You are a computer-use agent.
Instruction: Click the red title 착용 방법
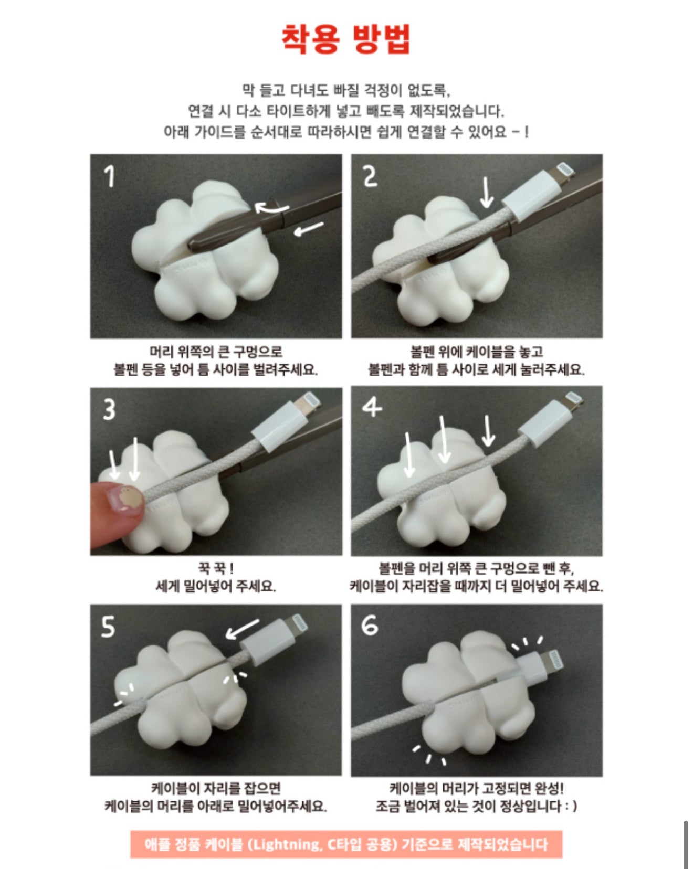click(x=346, y=38)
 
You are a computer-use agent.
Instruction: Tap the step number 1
click(x=109, y=176)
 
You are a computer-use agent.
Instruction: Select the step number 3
click(x=109, y=409)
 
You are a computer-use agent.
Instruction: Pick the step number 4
click(x=372, y=407)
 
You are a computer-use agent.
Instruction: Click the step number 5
click(x=108, y=627)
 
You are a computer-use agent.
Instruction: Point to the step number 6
click(x=369, y=625)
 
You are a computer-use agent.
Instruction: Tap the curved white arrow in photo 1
click(x=271, y=208)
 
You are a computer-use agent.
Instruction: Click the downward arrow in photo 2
click(x=487, y=192)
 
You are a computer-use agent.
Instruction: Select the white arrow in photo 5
click(x=242, y=628)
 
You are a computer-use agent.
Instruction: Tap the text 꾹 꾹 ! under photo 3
click(x=215, y=568)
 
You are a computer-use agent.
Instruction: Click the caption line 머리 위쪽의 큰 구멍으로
click(x=216, y=352)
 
